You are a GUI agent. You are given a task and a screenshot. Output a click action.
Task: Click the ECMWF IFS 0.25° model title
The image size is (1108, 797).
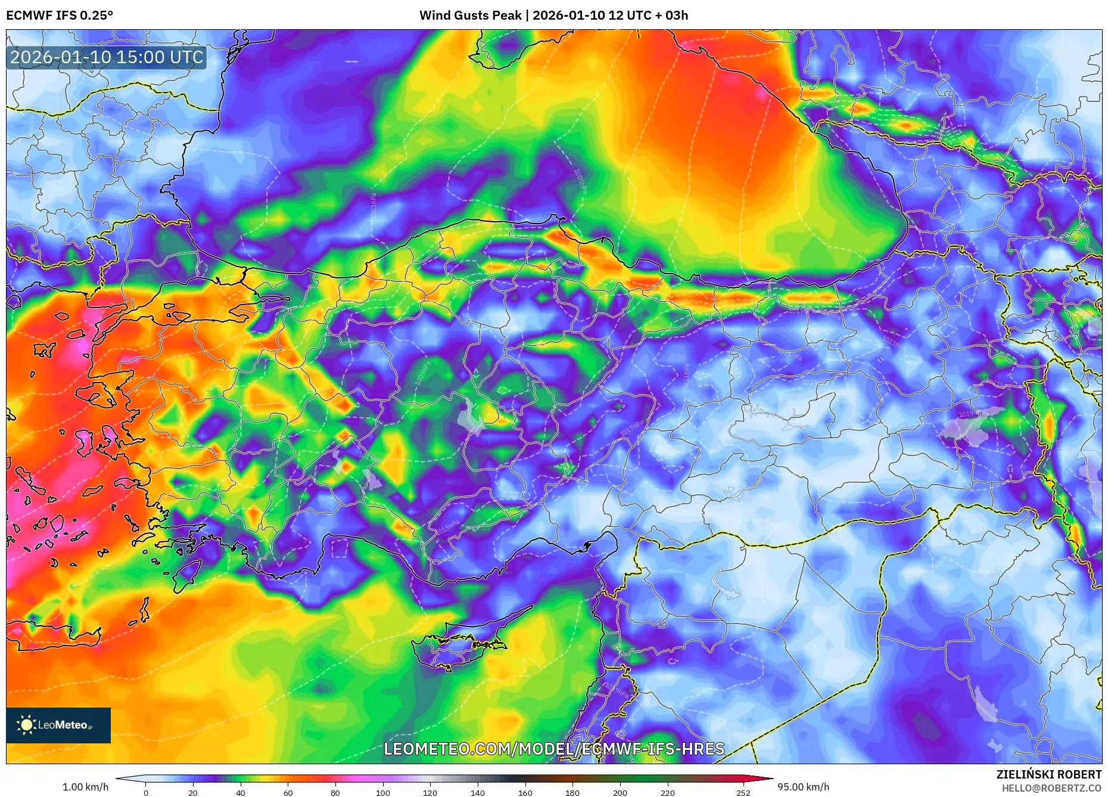(60, 15)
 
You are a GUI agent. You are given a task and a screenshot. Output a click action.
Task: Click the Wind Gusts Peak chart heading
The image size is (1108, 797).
(553, 15)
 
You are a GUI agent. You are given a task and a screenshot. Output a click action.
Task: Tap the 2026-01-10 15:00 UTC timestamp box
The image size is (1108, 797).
(107, 57)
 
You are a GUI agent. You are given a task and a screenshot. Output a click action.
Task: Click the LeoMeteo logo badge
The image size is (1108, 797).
(58, 725)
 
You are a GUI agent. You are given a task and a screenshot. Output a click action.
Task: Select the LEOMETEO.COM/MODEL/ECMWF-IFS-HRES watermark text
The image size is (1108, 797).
(554, 749)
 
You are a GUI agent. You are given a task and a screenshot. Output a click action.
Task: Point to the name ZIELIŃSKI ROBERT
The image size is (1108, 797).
(1048, 774)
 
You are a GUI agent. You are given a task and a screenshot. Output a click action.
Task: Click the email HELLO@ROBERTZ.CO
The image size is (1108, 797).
(1051, 788)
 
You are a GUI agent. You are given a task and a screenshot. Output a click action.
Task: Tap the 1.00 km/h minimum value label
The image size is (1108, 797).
(85, 787)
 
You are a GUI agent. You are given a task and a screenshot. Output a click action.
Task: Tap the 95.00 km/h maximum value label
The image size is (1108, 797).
(803, 787)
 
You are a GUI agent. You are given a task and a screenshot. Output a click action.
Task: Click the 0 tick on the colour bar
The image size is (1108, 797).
(146, 793)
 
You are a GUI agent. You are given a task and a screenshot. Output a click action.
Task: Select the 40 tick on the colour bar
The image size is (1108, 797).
(241, 793)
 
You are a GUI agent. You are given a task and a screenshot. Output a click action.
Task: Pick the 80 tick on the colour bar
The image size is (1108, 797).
(335, 793)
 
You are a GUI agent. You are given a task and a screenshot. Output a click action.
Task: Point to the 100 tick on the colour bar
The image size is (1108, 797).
(383, 793)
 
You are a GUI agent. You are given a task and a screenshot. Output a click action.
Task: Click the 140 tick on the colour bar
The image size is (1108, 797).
(478, 793)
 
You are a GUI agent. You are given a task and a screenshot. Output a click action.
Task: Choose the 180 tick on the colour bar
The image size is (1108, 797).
(572, 793)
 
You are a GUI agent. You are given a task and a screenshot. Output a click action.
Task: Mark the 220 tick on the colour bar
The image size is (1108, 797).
(668, 793)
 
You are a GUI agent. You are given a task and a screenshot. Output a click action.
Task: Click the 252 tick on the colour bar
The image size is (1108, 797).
(743, 793)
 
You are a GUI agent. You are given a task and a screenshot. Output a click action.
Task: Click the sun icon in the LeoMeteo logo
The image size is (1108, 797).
(26, 725)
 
